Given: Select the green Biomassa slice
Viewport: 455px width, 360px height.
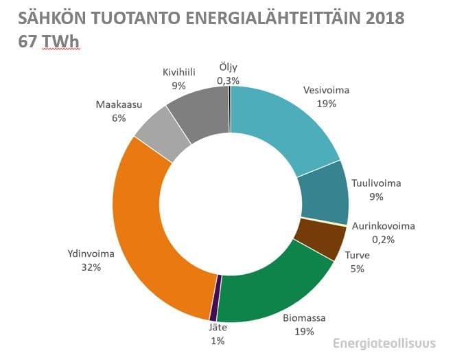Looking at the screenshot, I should pyautogui.click(x=275, y=292).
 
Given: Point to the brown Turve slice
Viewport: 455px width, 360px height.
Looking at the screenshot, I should pyautogui.click(x=318, y=238).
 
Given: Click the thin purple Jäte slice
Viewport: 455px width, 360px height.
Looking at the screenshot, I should pyautogui.click(x=215, y=297).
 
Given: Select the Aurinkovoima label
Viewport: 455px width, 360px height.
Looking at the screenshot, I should pyautogui.click(x=384, y=226).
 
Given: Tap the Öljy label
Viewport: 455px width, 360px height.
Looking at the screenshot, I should pyautogui.click(x=228, y=67).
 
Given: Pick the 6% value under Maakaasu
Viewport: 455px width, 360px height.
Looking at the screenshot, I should pyautogui.click(x=119, y=118).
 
